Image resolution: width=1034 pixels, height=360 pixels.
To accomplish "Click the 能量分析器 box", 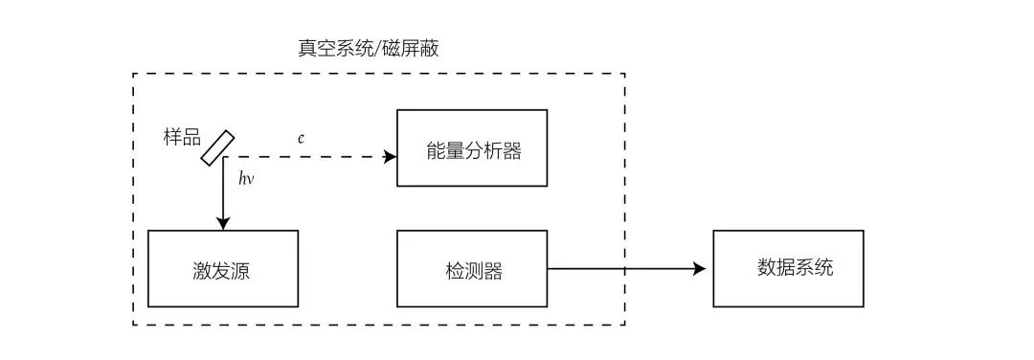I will point(472,148).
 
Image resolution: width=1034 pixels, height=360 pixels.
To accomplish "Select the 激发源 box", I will point(223,268).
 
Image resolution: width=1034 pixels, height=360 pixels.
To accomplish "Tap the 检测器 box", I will point(472,268).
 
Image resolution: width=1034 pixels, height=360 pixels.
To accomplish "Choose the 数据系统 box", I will point(788,268).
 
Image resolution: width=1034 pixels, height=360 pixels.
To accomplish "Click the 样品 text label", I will point(182,137).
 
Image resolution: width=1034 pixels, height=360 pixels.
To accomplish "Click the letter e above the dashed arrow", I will point(301,138).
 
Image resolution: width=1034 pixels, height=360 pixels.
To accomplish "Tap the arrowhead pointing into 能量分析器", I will point(391,156).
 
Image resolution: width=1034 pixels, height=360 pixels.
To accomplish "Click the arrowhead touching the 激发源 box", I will point(223,224).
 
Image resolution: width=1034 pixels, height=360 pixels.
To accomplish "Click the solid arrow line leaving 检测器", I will point(622,269).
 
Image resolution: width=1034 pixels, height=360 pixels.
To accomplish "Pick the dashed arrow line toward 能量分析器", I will point(306,156).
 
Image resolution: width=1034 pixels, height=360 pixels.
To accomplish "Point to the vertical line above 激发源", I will point(223,191).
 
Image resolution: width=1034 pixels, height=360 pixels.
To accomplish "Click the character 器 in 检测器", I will point(493,270).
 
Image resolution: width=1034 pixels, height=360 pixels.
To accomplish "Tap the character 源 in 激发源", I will point(243,270).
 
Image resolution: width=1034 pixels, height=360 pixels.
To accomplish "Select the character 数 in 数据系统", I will point(767,267).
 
